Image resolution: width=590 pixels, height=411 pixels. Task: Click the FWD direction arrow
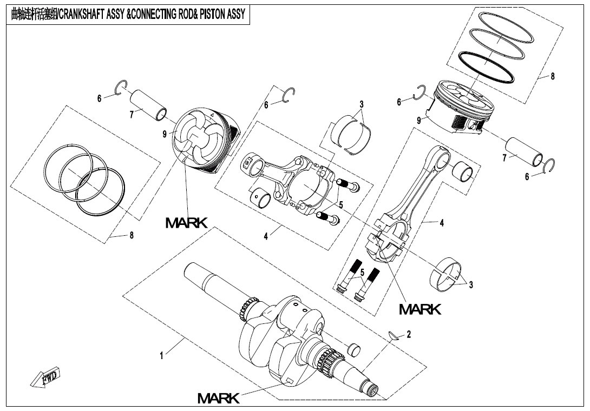point(47,378)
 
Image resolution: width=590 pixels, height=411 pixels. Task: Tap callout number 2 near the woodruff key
point(409,334)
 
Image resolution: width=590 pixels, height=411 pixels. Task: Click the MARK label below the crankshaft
point(218,399)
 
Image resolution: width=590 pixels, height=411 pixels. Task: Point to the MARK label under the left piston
point(186,222)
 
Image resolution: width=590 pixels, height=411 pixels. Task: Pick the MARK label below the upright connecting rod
point(420,309)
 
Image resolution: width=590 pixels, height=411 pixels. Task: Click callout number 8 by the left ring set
point(131,235)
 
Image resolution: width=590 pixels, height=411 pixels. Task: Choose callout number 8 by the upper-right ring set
point(553,76)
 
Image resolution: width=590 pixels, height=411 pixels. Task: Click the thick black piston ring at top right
point(486,67)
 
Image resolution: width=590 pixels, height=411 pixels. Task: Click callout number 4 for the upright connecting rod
point(442,222)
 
